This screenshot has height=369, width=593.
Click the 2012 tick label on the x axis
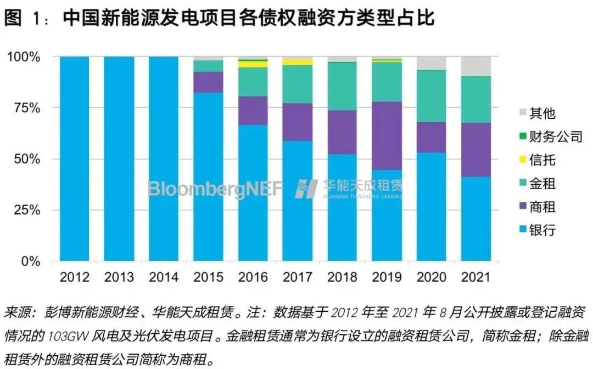74,276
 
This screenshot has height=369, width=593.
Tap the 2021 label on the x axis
475,276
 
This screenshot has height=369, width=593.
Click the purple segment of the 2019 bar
387,135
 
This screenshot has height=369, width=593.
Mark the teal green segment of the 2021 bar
475,100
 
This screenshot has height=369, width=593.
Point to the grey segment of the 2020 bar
431,63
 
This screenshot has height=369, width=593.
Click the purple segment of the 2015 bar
208,82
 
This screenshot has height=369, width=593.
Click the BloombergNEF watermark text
215,188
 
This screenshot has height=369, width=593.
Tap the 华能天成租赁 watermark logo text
362,186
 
